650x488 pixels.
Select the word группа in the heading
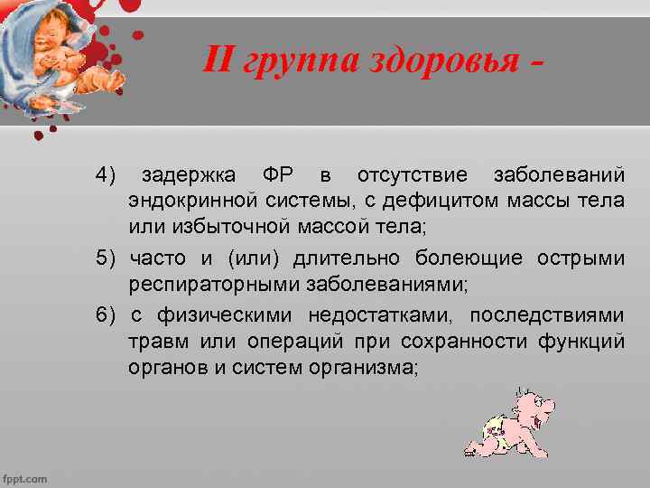pos(296,62)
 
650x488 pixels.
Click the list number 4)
pos(107,174)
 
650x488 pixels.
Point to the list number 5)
pos(107,258)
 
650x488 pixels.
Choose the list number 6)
pos(107,315)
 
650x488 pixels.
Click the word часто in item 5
pos(159,258)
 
